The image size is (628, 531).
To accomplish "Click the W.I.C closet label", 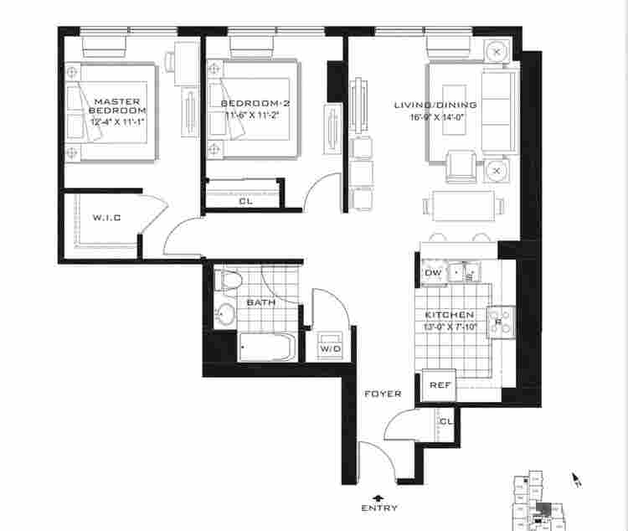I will click(106, 218).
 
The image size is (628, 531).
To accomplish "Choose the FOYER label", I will click(382, 394).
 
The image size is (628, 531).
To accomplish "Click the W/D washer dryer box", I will click(329, 348).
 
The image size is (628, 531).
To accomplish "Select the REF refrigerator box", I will click(440, 385).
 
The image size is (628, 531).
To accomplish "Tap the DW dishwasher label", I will click(433, 273).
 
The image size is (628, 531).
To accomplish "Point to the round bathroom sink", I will click(224, 315).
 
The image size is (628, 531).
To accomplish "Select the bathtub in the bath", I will click(266, 347).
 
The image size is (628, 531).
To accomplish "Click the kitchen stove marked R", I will click(499, 322).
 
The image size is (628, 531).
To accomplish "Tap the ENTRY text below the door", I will click(379, 508).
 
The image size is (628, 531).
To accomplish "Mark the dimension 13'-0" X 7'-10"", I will click(450, 327).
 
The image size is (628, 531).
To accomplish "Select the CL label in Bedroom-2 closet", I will click(245, 201).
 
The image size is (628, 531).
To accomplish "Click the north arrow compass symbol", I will click(575, 479).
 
